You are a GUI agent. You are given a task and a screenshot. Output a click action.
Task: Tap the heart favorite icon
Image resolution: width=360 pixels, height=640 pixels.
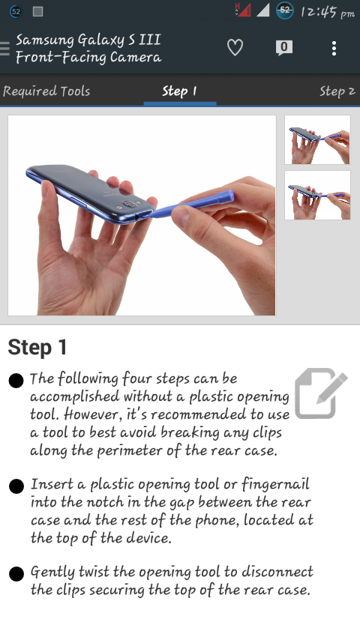click(235, 48)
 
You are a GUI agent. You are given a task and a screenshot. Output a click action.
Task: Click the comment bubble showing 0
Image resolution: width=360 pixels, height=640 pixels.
click(284, 48)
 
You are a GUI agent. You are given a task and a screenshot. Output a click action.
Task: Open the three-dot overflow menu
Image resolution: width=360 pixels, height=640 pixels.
click(334, 49)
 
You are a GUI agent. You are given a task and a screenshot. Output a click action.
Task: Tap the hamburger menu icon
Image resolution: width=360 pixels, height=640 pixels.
click(4, 48)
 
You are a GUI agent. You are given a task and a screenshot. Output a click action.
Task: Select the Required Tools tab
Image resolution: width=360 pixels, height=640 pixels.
click(46, 91)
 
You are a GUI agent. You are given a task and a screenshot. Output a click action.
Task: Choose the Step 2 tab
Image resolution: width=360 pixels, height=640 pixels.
click(337, 91)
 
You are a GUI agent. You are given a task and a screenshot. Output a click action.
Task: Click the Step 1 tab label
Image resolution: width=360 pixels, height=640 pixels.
click(179, 91)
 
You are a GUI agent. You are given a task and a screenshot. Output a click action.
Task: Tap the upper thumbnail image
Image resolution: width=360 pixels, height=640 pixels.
click(317, 139)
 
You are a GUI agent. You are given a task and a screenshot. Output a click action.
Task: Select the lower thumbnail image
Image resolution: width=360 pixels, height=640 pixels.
click(317, 195)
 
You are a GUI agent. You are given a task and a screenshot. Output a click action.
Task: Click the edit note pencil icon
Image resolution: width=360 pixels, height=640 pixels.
click(321, 393)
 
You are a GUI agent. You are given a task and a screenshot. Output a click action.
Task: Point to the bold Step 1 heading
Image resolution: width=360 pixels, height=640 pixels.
click(37, 347)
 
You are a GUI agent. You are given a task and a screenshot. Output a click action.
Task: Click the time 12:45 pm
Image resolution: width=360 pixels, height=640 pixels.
click(328, 12)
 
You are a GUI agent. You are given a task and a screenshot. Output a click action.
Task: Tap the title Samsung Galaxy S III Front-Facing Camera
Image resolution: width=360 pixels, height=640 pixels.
click(88, 49)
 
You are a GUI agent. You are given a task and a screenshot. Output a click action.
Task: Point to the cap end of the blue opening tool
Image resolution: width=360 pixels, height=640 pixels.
click(225, 197)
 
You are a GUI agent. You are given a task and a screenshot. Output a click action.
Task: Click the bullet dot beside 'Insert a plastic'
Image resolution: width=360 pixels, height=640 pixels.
click(16, 486)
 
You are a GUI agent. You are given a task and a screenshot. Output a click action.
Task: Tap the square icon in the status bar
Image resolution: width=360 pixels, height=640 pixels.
click(38, 11)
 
